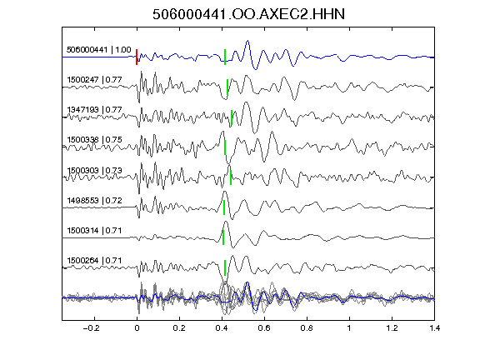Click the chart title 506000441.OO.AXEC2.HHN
(248, 14)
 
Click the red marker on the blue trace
(137, 57)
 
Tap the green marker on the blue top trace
(225, 57)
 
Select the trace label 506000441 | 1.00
(99, 50)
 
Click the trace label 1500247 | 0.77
(95, 80)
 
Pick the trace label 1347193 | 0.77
(95, 110)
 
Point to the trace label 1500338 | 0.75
(95, 140)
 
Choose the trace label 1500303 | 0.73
(95, 170)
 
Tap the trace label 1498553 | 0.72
(95, 201)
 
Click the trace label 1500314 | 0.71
(95, 231)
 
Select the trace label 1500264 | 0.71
(95, 261)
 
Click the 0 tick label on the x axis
(137, 328)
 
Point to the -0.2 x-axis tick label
(91, 328)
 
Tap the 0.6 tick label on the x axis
(264, 328)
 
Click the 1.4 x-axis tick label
(434, 328)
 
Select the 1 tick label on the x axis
(349, 328)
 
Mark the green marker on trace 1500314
(223, 237)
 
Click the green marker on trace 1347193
(232, 117)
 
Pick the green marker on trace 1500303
(231, 177)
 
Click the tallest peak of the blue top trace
(247, 40)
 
